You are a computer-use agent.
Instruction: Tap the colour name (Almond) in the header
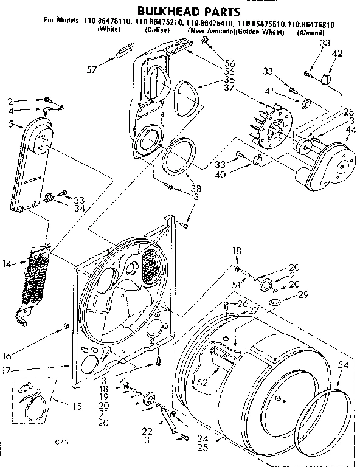pos(310,31)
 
